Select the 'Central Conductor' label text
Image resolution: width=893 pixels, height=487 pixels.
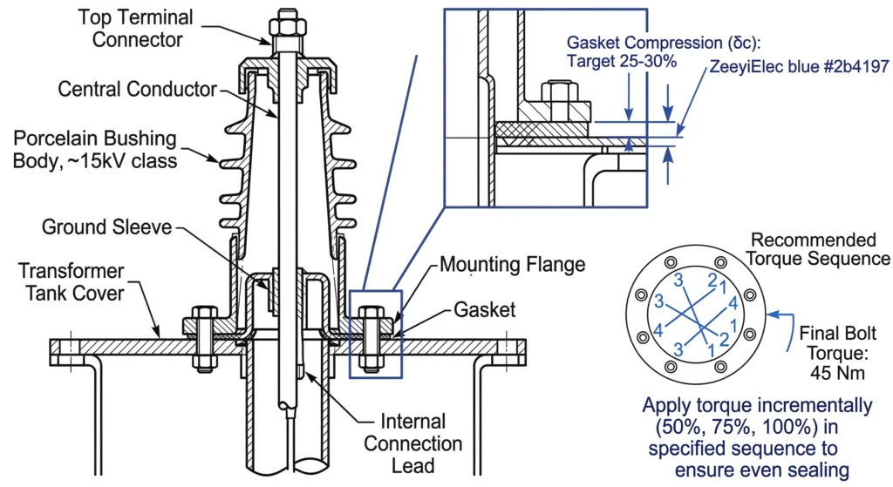(x=137, y=89)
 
